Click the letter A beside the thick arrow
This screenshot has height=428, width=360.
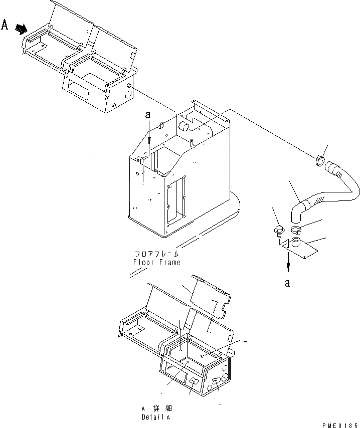point(6,25)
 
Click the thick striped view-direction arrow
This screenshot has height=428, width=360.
point(21,29)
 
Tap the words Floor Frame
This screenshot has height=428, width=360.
point(156,262)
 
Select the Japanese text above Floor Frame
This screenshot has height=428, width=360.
point(156,254)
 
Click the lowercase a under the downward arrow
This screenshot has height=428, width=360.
point(287,283)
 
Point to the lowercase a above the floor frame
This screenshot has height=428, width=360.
point(148,115)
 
